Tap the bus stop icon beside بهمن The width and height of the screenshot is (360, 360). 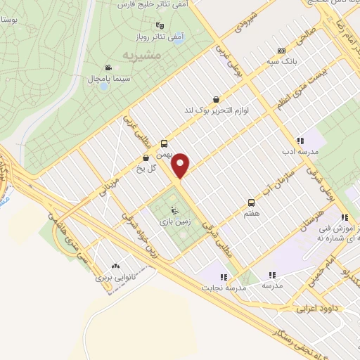[164, 141]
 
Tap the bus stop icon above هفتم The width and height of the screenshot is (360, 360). [251, 203]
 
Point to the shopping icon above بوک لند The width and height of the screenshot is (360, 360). [215, 100]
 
